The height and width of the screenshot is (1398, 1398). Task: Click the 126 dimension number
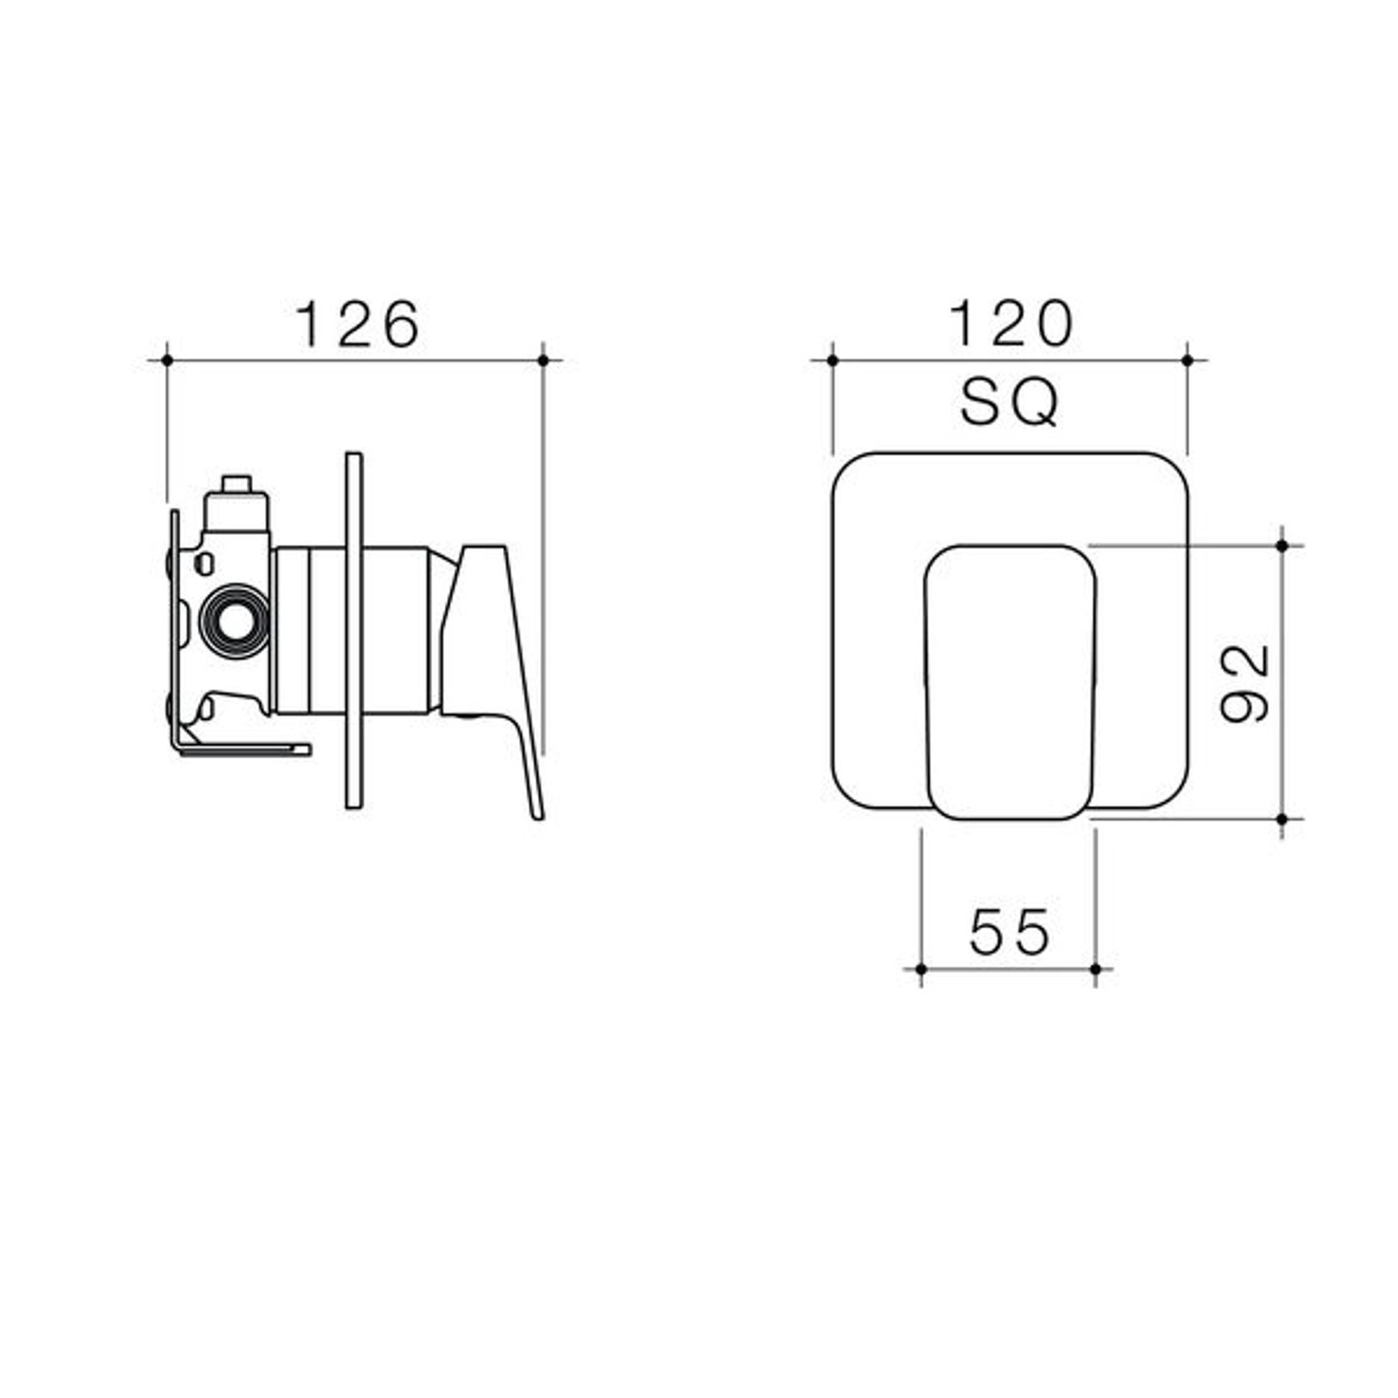(x=359, y=324)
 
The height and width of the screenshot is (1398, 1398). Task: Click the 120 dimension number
(x=1011, y=324)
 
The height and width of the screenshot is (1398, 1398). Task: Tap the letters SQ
(x=1009, y=403)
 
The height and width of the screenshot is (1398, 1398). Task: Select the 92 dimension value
(x=1245, y=682)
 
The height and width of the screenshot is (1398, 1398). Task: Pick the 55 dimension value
(x=1009, y=932)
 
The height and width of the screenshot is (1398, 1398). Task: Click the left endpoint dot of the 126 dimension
(x=168, y=360)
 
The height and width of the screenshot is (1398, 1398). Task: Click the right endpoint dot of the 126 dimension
(x=543, y=360)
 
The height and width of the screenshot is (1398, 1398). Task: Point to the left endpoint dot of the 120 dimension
(x=832, y=360)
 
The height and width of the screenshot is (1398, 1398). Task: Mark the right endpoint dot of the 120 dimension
(x=1188, y=360)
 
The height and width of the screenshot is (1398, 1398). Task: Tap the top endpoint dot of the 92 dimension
(x=1283, y=546)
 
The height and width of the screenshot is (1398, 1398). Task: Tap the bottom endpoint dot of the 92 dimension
(x=1283, y=819)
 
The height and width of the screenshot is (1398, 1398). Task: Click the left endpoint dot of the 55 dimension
(x=921, y=969)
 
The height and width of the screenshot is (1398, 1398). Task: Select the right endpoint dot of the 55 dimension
(x=1096, y=969)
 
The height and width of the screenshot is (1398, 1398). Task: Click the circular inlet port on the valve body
(x=235, y=621)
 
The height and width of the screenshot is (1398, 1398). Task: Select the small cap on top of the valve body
(x=236, y=487)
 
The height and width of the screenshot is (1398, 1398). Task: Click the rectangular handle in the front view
(x=1010, y=682)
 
